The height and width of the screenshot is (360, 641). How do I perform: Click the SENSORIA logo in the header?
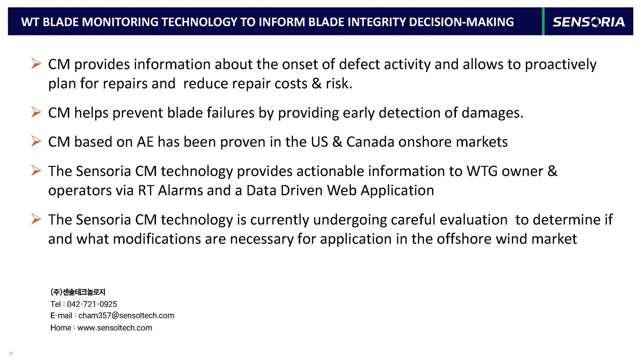coord(589,22)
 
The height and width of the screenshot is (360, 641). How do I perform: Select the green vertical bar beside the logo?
coord(543,21)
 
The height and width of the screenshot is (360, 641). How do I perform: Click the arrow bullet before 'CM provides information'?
coord(36,63)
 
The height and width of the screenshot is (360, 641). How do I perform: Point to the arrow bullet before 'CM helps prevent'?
coord(36,112)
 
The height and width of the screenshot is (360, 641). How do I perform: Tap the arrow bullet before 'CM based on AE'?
coord(36,141)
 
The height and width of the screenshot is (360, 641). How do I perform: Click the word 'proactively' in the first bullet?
coord(561,65)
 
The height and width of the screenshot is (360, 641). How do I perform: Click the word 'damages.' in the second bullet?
coord(492,113)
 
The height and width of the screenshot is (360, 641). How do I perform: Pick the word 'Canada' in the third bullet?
coord(370,142)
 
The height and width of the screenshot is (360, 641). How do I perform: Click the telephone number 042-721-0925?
coord(92,304)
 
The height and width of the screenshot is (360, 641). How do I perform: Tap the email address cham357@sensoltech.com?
coord(126,316)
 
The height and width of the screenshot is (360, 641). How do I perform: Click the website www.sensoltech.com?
coord(115,328)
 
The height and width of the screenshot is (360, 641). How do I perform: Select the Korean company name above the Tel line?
coord(78,292)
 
